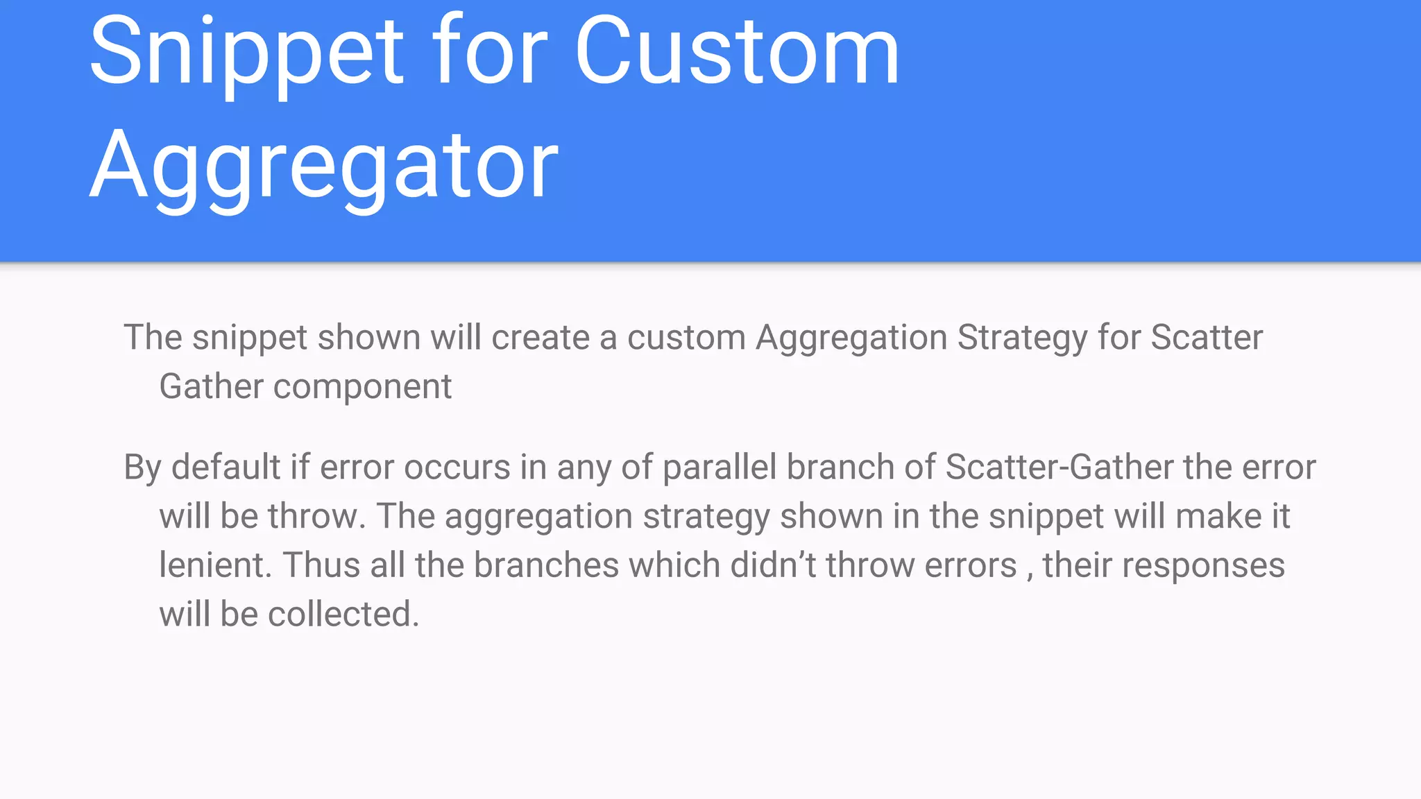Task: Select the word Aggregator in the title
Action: click(x=324, y=167)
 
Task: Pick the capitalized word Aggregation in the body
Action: click(x=851, y=338)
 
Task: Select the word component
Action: click(x=362, y=387)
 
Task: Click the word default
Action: click(x=226, y=467)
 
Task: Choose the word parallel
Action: click(x=720, y=468)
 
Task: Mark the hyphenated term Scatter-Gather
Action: click(x=1059, y=467)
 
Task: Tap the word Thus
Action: click(x=321, y=565)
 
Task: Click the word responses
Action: click(x=1203, y=566)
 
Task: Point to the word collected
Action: click(x=343, y=615)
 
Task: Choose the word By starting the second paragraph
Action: click(x=142, y=468)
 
